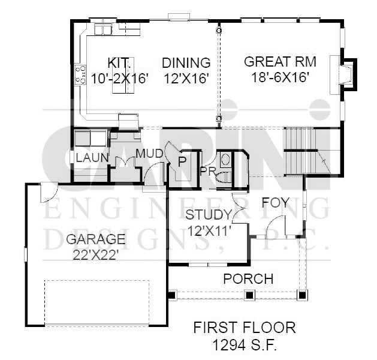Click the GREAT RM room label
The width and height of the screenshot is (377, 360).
point(280,62)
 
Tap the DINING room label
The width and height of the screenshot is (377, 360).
point(186,63)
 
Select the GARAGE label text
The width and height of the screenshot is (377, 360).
point(96,239)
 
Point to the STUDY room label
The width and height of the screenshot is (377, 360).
point(209,215)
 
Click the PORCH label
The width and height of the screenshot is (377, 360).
point(248,279)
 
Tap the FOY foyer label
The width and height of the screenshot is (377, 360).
point(275,203)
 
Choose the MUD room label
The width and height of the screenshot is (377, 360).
point(149,154)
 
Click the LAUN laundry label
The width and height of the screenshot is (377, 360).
point(92,158)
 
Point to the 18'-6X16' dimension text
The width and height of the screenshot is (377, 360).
point(280,77)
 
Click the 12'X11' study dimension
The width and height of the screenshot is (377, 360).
point(209,231)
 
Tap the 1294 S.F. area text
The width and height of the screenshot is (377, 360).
point(245,346)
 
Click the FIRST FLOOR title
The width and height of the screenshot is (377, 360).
point(245,328)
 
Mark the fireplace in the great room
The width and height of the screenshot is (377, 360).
point(344,75)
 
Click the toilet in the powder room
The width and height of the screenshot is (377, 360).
point(224,178)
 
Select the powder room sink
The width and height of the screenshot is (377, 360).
point(225,160)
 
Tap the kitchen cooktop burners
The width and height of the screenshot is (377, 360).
point(80,74)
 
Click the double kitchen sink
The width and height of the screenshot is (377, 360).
point(103,30)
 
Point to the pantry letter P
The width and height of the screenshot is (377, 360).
point(182,162)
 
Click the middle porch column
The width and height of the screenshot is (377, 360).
point(249,295)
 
